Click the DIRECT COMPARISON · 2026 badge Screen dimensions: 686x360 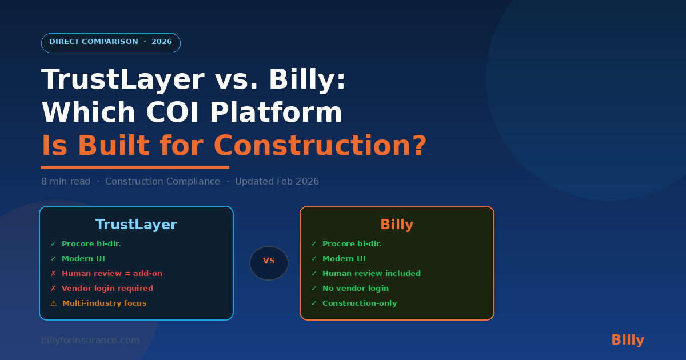[x=111, y=43]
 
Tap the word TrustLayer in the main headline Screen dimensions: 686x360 [x=123, y=79]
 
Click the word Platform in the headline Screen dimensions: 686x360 [x=276, y=112]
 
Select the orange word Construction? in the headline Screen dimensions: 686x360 [x=320, y=145]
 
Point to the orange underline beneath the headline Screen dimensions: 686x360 [x=135, y=167]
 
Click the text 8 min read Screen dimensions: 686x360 [x=66, y=182]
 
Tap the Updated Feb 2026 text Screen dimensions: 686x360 [x=277, y=182]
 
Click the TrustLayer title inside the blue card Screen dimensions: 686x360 [x=136, y=225]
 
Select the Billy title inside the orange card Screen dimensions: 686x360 [x=397, y=225]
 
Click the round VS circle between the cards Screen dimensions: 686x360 [x=269, y=263]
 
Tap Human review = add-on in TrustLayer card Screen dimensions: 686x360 [x=112, y=273]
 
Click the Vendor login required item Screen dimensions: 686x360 [x=107, y=289]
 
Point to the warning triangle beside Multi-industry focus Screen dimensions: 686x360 [x=54, y=303]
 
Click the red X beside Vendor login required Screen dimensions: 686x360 [x=53, y=289]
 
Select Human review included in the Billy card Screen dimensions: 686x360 [x=372, y=273]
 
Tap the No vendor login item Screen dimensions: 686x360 [x=356, y=289]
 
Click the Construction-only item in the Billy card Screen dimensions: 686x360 [x=360, y=303]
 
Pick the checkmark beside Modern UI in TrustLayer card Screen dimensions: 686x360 [x=53, y=259]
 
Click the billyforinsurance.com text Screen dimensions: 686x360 [x=90, y=341]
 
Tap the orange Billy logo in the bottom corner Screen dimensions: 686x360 [x=628, y=340]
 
